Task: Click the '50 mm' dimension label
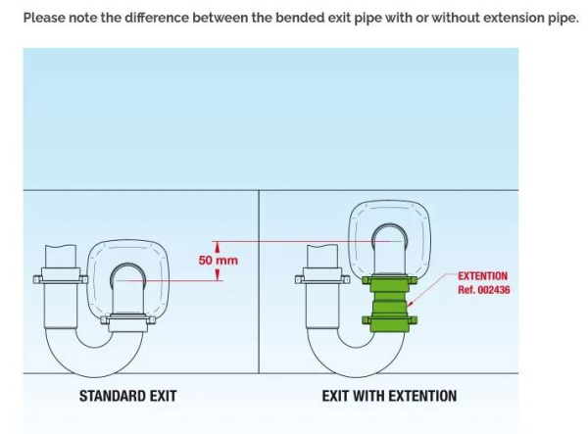(x=218, y=261)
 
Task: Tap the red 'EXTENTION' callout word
(x=482, y=277)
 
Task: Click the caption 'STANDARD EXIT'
(x=127, y=396)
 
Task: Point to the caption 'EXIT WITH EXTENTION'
(x=389, y=396)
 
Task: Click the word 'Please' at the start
(x=44, y=18)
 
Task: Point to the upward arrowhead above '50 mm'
(x=218, y=247)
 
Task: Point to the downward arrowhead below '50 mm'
(x=218, y=276)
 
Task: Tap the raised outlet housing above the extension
(x=390, y=235)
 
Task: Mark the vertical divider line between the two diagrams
(x=259, y=294)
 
